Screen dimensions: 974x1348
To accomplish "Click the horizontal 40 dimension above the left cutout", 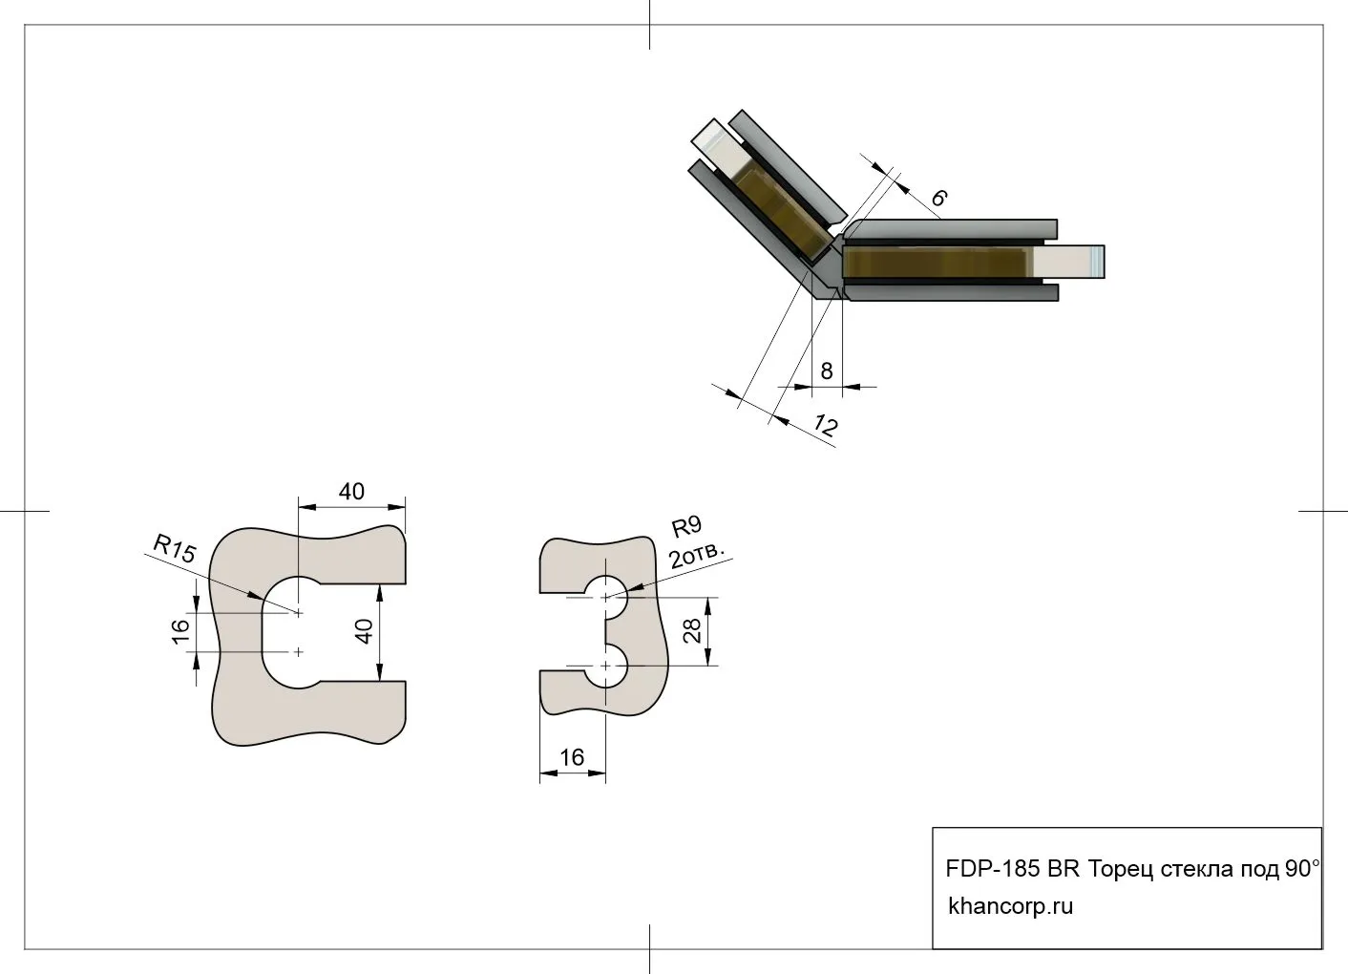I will tap(351, 492).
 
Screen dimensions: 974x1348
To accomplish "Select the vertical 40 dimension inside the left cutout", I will tap(363, 631).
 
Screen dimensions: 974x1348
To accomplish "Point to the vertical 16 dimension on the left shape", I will tap(180, 631).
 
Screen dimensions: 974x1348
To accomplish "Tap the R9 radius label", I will tap(686, 526).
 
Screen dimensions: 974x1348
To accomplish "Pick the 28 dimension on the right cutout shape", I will tap(694, 630).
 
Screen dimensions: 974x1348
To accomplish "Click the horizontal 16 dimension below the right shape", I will tap(571, 757).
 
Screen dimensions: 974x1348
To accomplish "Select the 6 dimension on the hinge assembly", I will tap(938, 198).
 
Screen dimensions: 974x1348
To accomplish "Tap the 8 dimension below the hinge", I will tap(827, 371).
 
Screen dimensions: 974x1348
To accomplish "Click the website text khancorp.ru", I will tap(1010, 905).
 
